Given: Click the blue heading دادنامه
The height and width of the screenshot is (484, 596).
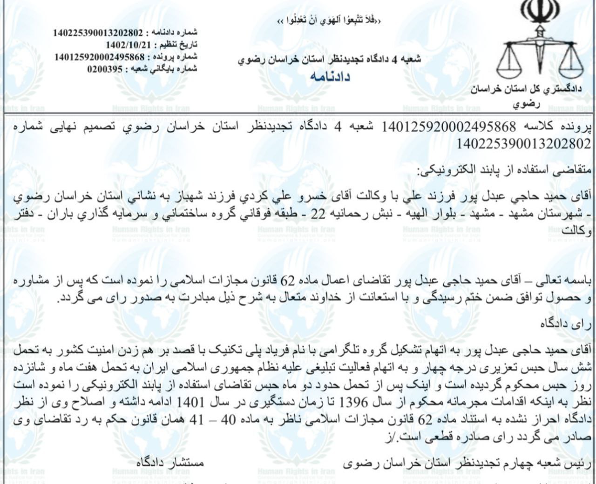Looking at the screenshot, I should click(330, 76).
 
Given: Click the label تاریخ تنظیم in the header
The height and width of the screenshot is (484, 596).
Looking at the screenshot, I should click(179, 45).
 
